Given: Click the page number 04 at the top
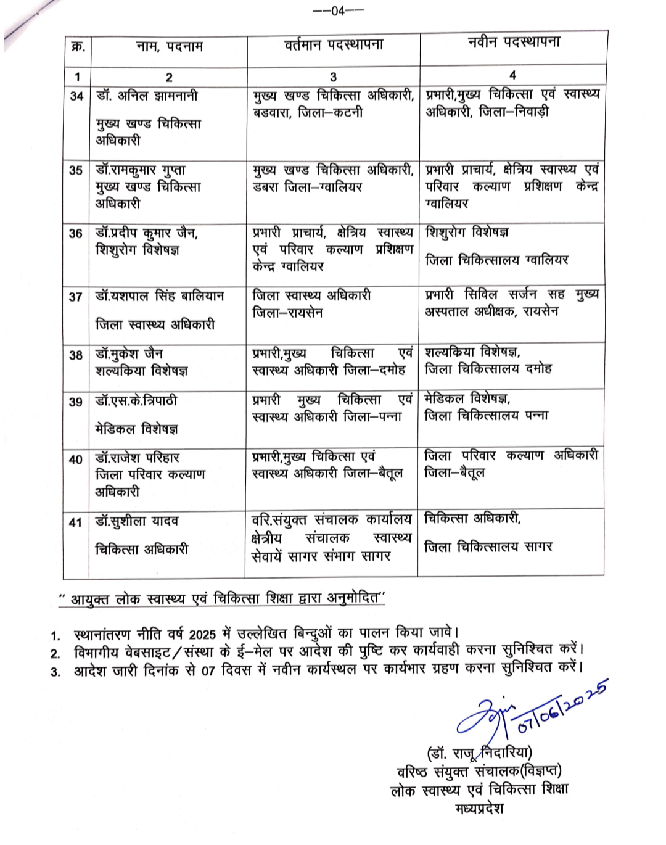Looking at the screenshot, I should pos(338,10).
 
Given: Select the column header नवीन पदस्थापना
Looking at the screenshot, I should pos(514,42).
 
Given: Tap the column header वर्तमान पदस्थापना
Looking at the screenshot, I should pos(333,44).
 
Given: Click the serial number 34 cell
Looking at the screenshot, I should pos(76,96).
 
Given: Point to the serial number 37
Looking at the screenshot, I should pos(76,297).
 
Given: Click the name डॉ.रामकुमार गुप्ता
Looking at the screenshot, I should pos(141,170).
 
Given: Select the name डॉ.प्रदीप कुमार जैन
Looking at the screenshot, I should pos(147,233).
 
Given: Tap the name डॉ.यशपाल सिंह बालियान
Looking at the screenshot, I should pos(160,296).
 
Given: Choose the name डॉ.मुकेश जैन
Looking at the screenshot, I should pos(129,354).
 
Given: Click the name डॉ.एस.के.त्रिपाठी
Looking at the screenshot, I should pos(136,401).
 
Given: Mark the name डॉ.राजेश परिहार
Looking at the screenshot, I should pos(138,458).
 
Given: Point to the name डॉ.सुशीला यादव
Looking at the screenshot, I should pos(137,521).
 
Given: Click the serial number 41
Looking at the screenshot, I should pos(75,522).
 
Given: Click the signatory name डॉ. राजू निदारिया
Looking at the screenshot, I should pos(480,753).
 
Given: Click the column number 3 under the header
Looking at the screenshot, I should pos(333,76).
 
